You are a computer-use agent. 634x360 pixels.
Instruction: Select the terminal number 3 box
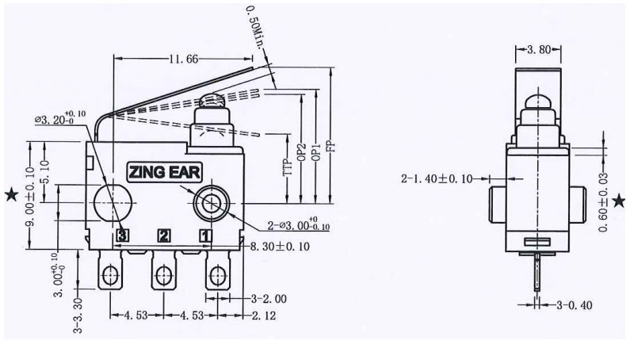pos(123,236)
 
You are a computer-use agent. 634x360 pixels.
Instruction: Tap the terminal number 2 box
pos(165,236)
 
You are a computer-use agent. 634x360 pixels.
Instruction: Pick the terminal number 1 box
pos(204,236)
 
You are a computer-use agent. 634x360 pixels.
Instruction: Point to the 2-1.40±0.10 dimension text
pos(435,179)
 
